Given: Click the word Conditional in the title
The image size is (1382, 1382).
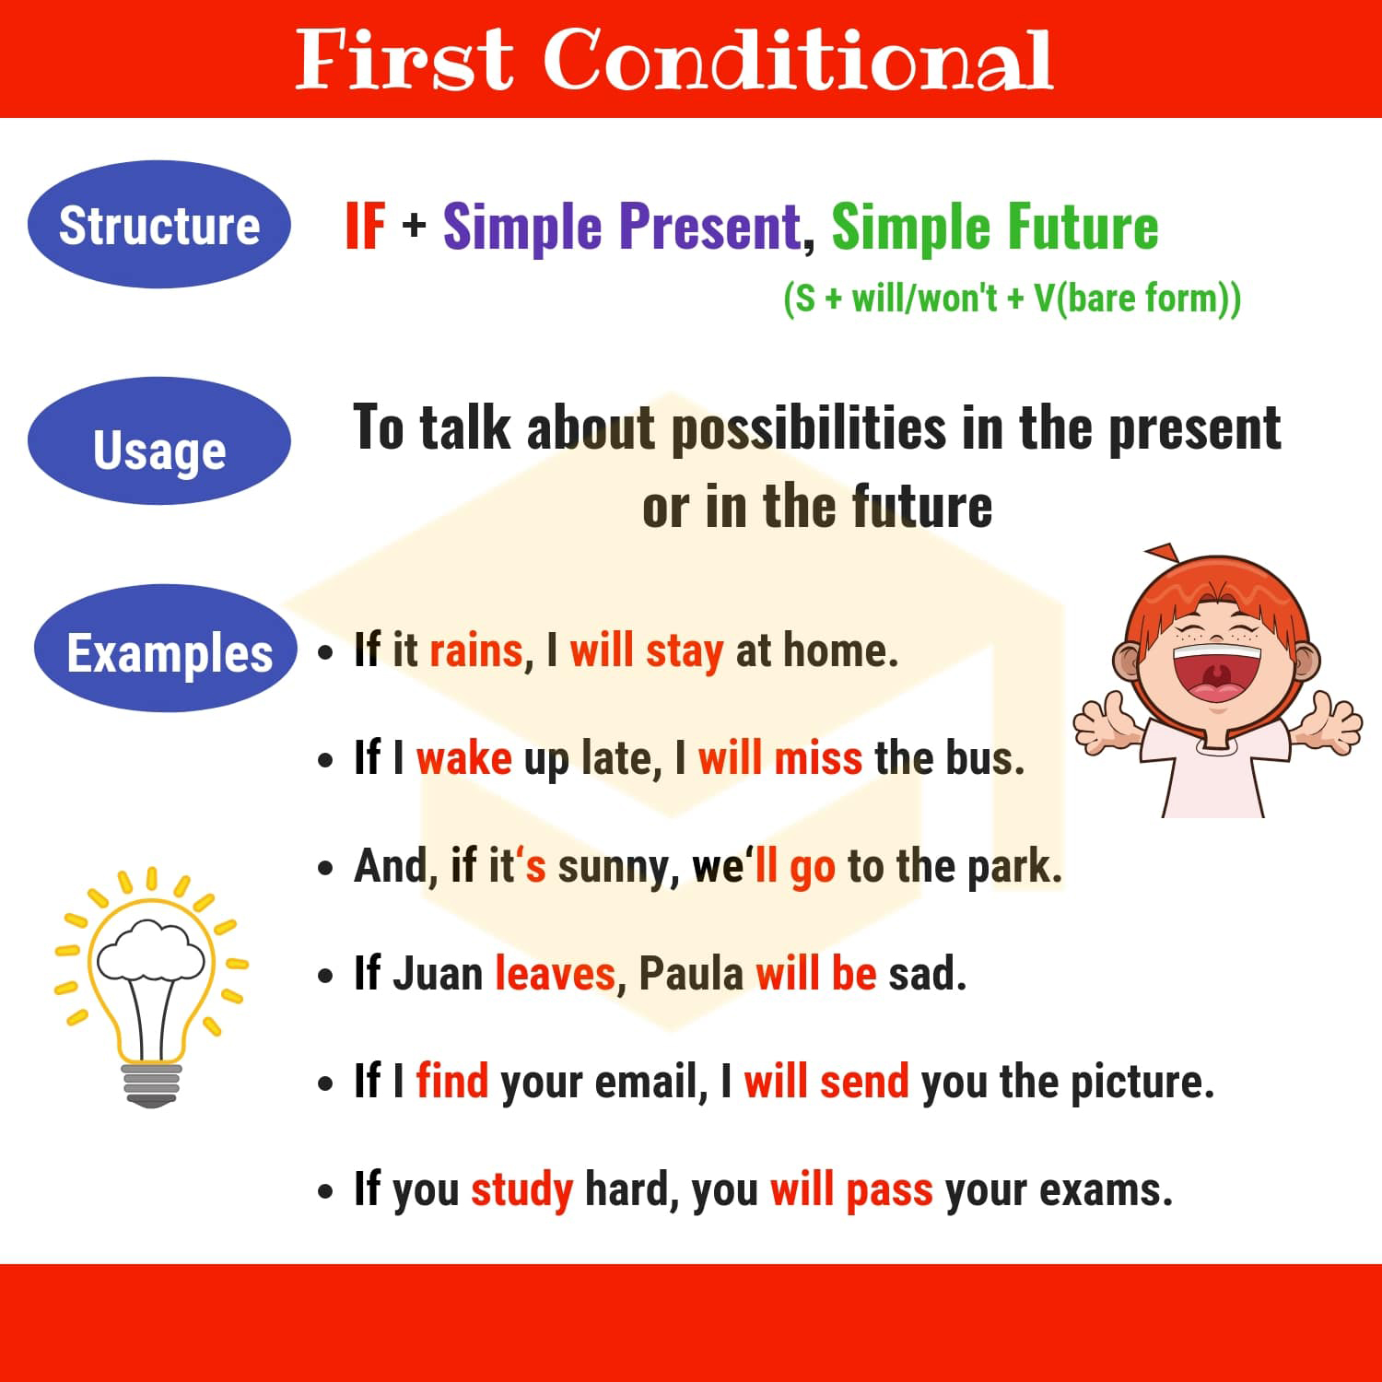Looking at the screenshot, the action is point(798,59).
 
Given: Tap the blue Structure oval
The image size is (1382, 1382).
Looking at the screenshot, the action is point(159,224).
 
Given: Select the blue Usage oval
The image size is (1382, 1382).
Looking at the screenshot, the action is point(159,440).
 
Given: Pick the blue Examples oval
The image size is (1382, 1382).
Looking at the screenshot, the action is point(166,648).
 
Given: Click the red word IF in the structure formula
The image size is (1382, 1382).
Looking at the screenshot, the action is point(365,226).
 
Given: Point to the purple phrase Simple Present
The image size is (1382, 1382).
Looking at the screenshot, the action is point(622,227).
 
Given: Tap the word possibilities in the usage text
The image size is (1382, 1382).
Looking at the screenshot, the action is point(808,429).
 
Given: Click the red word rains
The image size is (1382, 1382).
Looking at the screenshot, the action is point(476,650).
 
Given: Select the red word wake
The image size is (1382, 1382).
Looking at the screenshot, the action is point(463,758).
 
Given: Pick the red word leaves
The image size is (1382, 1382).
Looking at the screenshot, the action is point(555,974).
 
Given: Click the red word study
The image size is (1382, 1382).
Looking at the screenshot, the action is point(521,1190).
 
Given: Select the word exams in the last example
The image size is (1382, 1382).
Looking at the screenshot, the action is point(1106,1190).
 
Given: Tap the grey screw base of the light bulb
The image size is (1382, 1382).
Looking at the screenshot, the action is point(152,1084).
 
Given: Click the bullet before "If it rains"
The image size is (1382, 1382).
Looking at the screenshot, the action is point(325,653).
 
